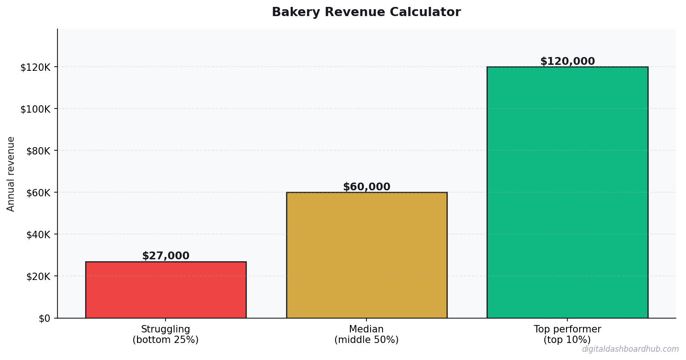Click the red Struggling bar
[166, 290]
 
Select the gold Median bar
[366, 255]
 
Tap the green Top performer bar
[567, 192]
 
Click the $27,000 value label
[166, 256]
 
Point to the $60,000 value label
[366, 187]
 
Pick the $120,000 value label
[567, 62]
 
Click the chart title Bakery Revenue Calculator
[366, 12]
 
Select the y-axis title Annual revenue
[11, 174]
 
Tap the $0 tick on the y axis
[45, 318]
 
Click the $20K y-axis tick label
[39, 276]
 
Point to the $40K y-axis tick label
[39, 234]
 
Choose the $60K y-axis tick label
[39, 193]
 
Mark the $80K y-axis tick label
[39, 151]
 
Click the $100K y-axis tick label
[37, 109]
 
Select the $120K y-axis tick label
[37, 67]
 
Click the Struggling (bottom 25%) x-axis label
[166, 335]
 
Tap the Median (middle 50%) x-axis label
[366, 335]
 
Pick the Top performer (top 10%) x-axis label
[567, 335]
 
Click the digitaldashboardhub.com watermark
[630, 349]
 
